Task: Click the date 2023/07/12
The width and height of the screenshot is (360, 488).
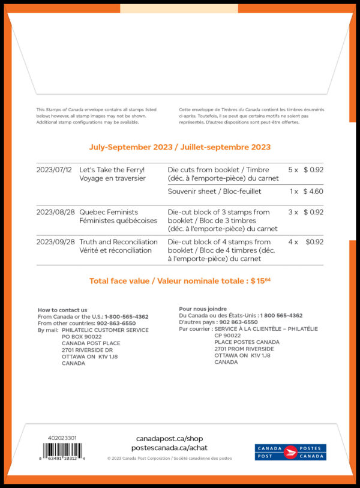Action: point(54,170)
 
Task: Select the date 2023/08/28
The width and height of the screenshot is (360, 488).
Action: point(54,212)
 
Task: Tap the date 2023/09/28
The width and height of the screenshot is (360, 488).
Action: point(55,242)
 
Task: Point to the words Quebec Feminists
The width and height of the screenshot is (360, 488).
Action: point(109,212)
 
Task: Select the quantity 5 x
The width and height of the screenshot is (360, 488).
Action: point(293,170)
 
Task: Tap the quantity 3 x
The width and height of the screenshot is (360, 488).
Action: point(293,212)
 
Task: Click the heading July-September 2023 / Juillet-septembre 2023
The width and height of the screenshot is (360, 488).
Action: point(180,147)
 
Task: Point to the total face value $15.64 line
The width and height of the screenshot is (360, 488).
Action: point(180,281)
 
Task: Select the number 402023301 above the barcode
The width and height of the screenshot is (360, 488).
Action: point(62,438)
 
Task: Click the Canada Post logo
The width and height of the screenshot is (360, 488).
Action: point(290,452)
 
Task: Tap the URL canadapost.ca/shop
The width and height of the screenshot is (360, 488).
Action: point(170,439)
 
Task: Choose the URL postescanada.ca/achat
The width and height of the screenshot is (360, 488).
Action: point(170,448)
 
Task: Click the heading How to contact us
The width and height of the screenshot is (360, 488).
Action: point(62,310)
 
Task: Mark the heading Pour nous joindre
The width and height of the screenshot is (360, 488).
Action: point(203,309)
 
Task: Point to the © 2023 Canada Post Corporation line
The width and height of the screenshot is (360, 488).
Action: point(170,458)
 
